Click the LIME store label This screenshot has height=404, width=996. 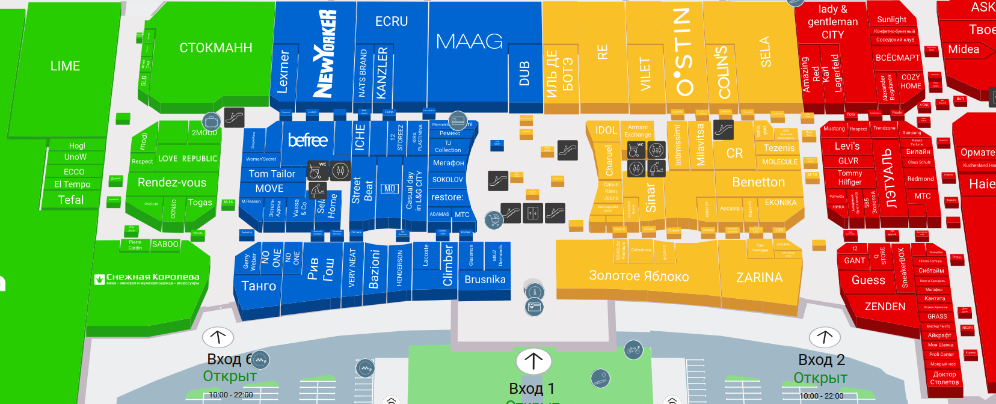[65, 66]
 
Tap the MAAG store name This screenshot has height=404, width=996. [469, 41]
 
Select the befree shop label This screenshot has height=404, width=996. [307, 140]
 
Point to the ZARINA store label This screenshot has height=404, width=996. [759, 278]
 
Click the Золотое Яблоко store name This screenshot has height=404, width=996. [639, 276]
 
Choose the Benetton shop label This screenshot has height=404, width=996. [758, 182]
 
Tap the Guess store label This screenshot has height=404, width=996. [868, 280]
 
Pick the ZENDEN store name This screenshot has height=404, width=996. [885, 307]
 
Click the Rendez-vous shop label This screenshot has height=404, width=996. [172, 183]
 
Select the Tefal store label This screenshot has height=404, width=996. [70, 200]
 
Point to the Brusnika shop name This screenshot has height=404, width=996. [485, 280]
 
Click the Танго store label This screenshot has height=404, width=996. [259, 286]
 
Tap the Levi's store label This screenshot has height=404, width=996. [847, 146]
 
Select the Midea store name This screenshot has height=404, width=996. [964, 49]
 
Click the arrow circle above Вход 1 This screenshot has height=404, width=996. [533, 361]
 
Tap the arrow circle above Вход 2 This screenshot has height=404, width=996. [824, 337]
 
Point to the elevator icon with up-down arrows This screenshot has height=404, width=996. [532, 213]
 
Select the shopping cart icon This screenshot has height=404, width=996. [494, 220]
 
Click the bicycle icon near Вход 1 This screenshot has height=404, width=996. [633, 349]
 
